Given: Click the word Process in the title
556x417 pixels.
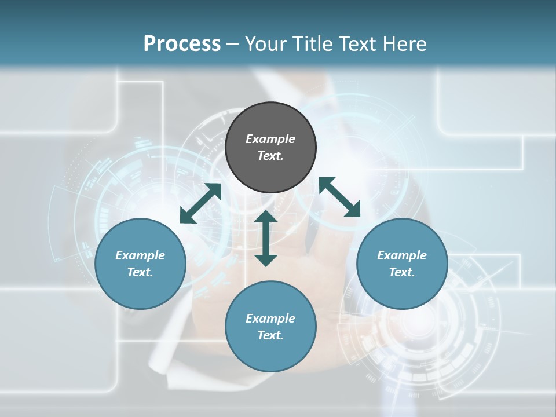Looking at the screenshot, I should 182,44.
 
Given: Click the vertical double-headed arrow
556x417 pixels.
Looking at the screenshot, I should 266,238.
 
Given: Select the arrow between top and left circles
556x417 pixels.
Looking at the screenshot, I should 200,203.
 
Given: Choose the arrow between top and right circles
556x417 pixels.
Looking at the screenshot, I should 339,197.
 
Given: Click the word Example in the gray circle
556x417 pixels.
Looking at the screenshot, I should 270,139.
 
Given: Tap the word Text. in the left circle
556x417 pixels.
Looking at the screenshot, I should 140,272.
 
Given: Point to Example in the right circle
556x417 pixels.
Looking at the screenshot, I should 402,255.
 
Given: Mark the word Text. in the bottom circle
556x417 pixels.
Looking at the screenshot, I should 270,335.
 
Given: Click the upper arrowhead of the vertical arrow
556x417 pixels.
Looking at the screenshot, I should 266,217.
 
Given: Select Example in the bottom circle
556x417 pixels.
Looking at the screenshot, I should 270,319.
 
